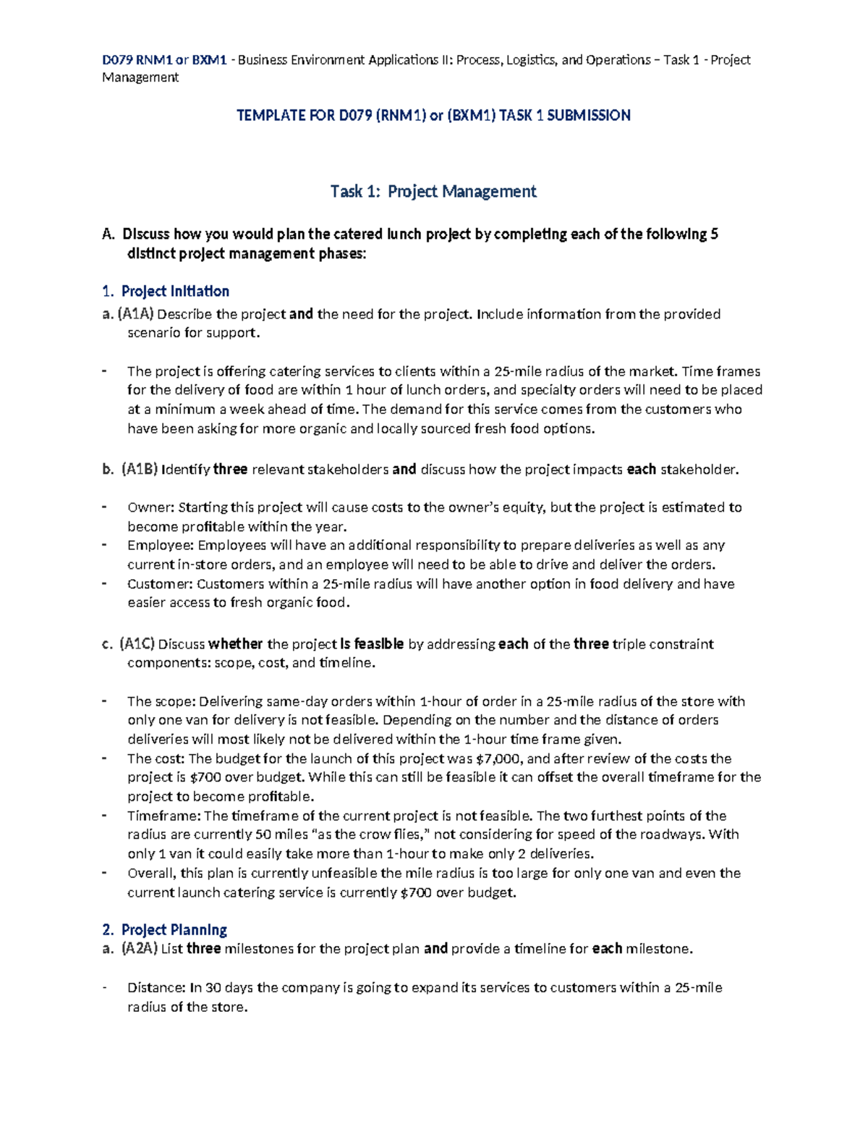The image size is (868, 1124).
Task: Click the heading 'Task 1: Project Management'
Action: coord(433,192)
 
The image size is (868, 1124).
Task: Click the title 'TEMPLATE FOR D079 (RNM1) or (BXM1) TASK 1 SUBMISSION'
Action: coord(433,115)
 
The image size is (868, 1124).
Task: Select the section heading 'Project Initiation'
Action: coord(175,292)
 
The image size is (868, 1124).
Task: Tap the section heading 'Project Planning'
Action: coord(174,930)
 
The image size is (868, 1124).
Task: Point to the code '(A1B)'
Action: coord(139,470)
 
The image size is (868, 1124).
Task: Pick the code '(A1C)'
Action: coord(137,644)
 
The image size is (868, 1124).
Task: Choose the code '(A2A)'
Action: coord(139,949)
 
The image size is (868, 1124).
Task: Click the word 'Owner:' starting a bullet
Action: coord(151,507)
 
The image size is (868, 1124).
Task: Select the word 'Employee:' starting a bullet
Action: coord(161,545)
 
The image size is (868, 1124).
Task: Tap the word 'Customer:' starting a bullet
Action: coord(160,584)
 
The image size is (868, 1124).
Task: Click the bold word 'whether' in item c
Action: coord(236,644)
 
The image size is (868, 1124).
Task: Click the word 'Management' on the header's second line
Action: coord(140,77)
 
